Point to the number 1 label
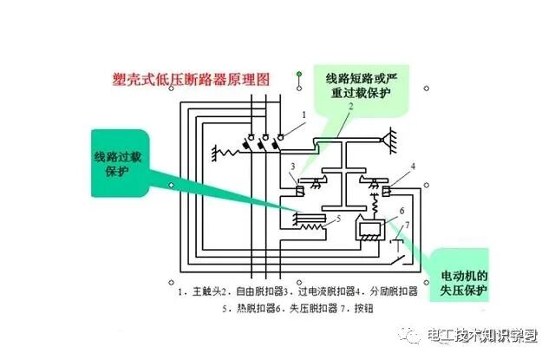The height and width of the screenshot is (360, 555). tap(304, 115)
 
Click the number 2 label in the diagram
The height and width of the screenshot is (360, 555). tap(350, 108)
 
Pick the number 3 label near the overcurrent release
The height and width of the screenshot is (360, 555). tap(293, 166)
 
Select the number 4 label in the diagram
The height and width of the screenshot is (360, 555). tap(413, 166)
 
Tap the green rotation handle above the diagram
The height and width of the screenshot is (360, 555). tap(297, 72)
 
